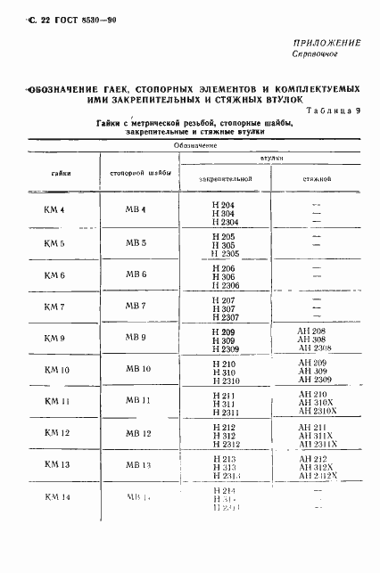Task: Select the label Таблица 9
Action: pyautogui.click(x=335, y=111)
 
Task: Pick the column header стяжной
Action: pyautogui.click(x=314, y=179)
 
